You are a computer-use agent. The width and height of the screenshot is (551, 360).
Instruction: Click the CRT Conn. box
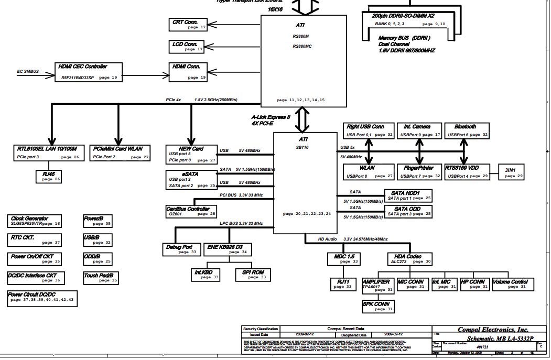189,24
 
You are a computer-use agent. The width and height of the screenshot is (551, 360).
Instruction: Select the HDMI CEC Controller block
89,71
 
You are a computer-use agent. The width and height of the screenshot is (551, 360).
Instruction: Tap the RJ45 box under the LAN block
49,176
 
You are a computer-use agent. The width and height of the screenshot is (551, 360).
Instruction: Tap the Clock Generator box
35,221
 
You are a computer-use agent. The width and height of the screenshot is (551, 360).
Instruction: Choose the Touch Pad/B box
101,277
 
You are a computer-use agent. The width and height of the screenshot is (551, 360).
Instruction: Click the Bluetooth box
467,130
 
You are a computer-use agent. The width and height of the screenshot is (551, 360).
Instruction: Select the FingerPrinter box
419,171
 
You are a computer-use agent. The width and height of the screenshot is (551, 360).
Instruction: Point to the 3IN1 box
511,172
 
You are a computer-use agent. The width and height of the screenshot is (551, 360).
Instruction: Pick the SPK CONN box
377,306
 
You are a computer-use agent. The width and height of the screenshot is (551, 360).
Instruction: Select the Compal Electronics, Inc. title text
493,330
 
